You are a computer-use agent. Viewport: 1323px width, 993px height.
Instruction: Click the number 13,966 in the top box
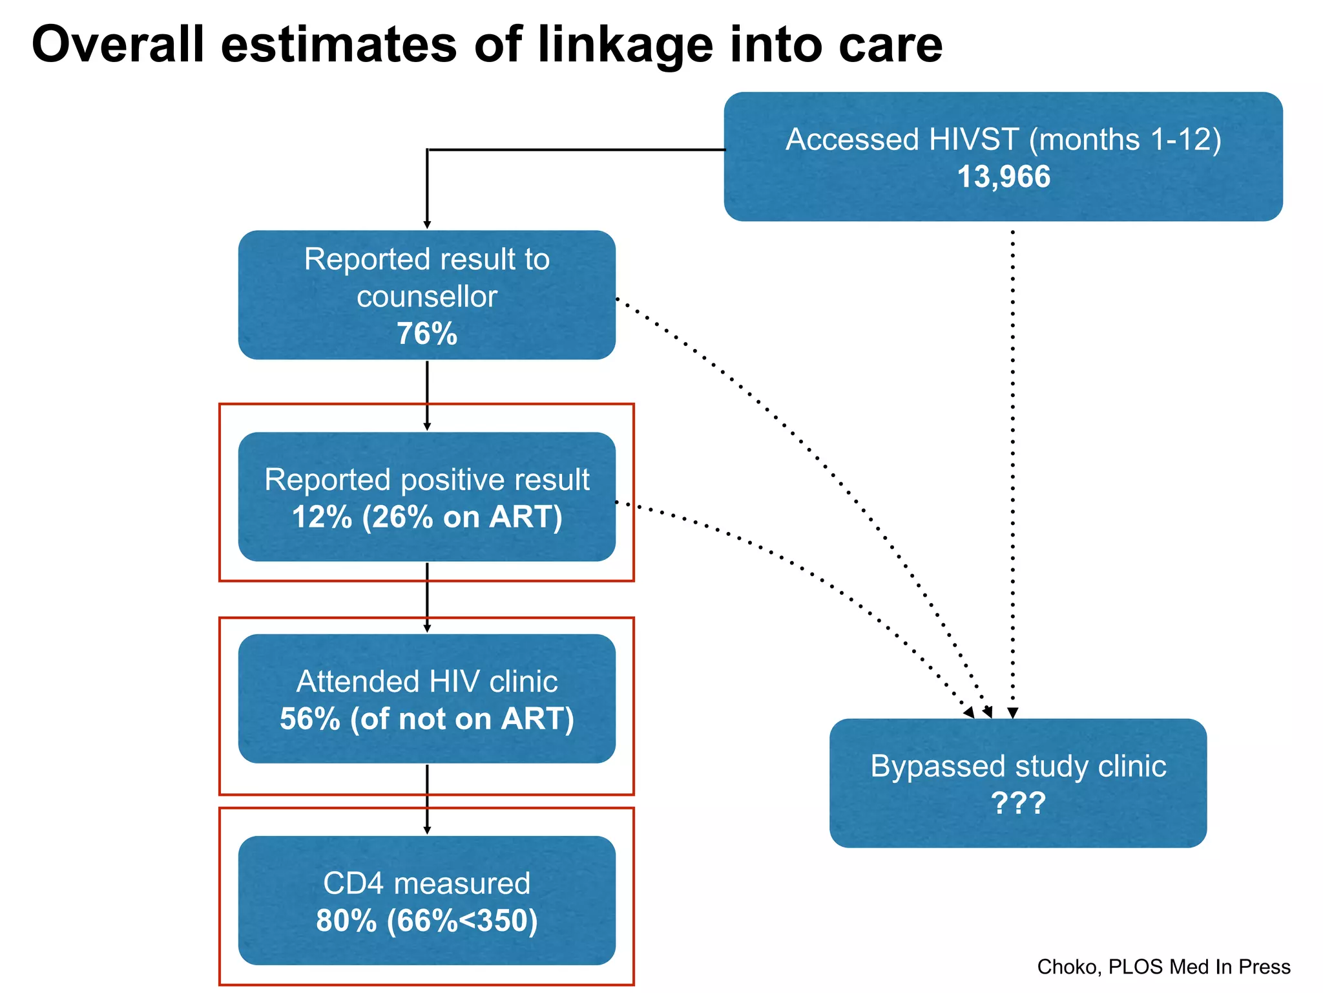pos(1003,177)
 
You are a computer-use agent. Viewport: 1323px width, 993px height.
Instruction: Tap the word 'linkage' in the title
pos(625,45)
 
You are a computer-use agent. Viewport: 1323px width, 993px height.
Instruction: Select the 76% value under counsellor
pos(426,334)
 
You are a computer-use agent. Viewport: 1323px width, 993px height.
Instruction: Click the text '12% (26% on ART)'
pos(426,517)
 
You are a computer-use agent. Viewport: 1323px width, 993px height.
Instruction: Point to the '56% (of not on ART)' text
pos(426,719)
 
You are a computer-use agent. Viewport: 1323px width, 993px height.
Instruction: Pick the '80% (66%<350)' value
pos(426,921)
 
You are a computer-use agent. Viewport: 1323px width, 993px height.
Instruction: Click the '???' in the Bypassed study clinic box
pos(1018,804)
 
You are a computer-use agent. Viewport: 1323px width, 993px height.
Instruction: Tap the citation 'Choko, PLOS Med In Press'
pos(1163,966)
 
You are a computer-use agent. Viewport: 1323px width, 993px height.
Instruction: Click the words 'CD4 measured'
pos(426,883)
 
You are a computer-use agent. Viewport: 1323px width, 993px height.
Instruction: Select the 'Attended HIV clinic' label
pos(426,681)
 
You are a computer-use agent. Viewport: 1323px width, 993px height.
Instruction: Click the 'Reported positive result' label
pos(426,480)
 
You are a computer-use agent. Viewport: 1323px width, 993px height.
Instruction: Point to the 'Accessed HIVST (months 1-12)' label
pos(1003,140)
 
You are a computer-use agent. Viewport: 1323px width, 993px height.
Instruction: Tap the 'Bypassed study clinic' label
pos(1018,766)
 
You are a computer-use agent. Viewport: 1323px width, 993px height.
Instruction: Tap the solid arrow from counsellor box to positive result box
pos(427,394)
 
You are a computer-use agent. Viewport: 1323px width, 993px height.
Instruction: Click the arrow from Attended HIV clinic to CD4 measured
pos(427,798)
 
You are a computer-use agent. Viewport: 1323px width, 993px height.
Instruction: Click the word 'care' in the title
pos(890,45)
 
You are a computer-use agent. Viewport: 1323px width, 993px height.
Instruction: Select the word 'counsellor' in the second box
pos(426,297)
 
